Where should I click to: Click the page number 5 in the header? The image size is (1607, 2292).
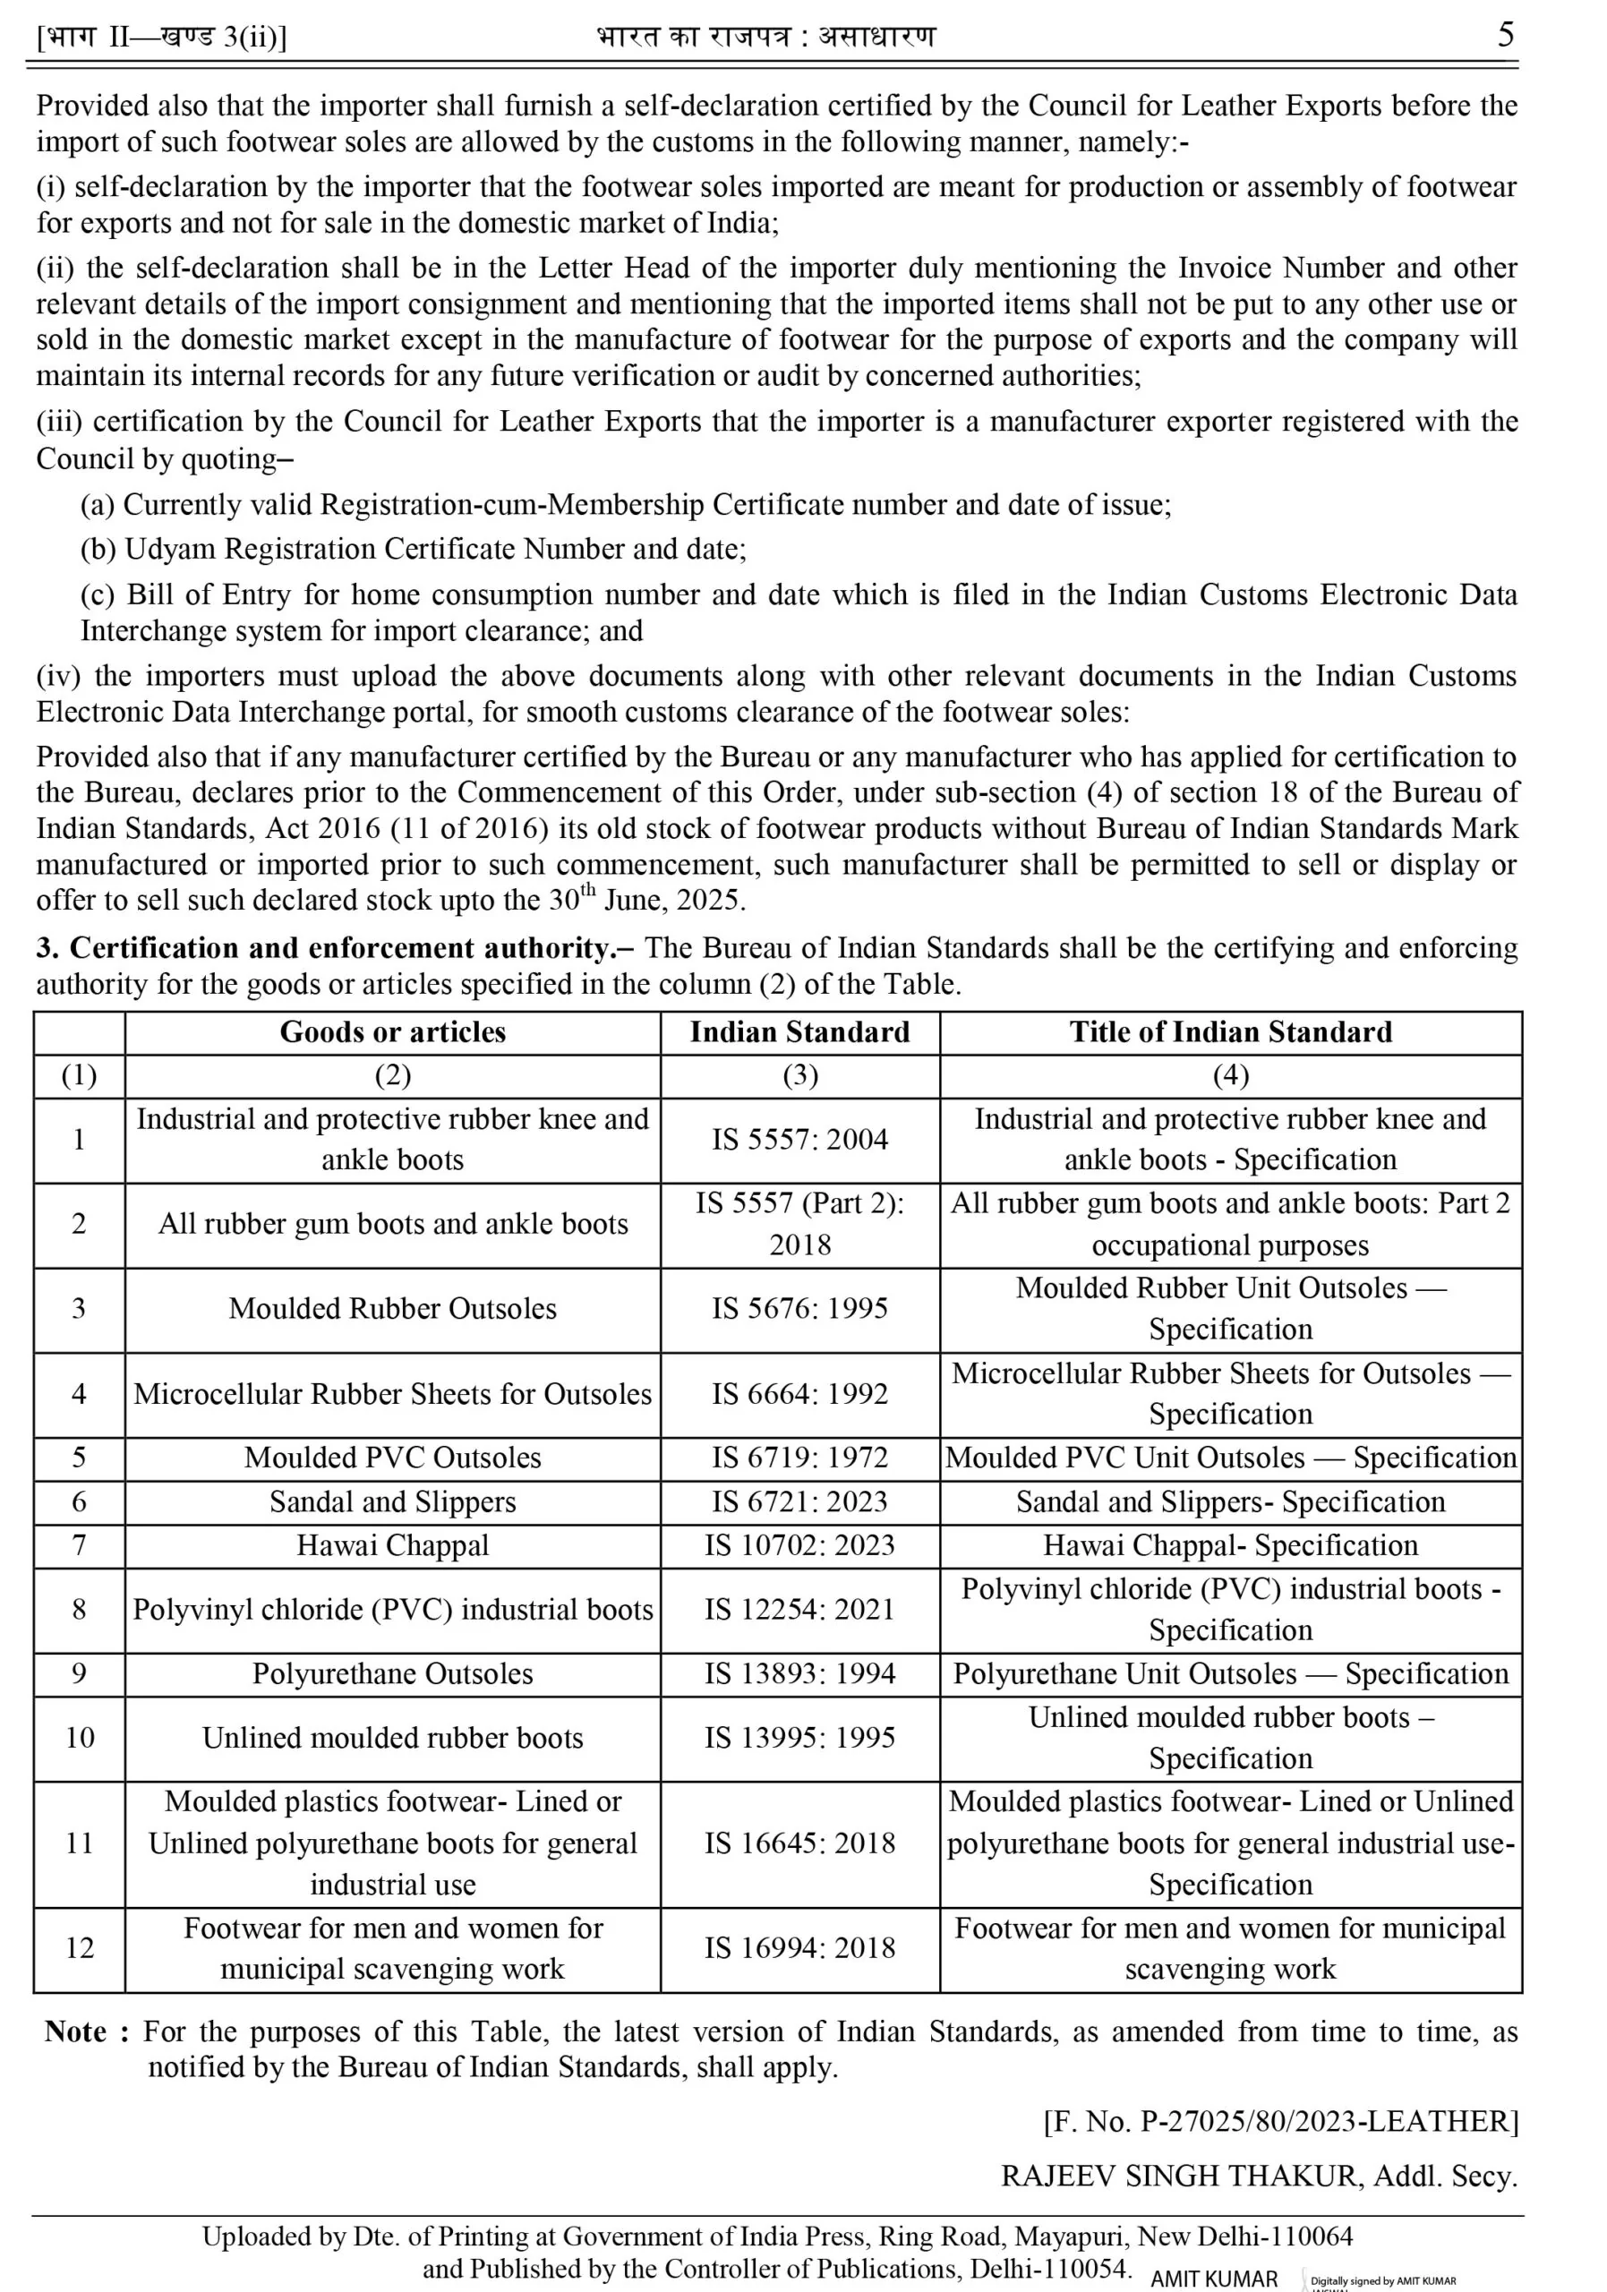(x=1505, y=35)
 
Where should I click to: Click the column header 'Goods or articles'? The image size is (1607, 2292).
(x=392, y=1032)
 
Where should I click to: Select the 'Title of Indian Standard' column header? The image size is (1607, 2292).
(x=1230, y=1032)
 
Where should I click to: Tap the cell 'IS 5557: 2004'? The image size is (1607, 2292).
(x=799, y=1139)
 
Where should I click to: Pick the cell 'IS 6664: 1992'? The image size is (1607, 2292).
(x=799, y=1394)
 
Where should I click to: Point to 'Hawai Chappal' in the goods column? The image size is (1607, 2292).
(x=392, y=1545)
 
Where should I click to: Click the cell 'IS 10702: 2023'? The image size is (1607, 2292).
(x=799, y=1545)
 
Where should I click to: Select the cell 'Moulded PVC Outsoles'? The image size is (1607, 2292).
(x=392, y=1458)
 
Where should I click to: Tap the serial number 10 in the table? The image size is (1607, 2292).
(x=80, y=1738)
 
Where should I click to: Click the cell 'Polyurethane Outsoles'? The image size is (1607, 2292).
(x=392, y=1674)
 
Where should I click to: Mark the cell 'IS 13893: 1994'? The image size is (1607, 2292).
(x=799, y=1674)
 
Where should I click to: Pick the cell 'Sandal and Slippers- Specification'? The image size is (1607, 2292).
(x=1230, y=1501)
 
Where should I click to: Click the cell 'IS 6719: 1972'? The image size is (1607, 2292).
(x=799, y=1458)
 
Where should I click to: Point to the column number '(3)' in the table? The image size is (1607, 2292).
(x=799, y=1075)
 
